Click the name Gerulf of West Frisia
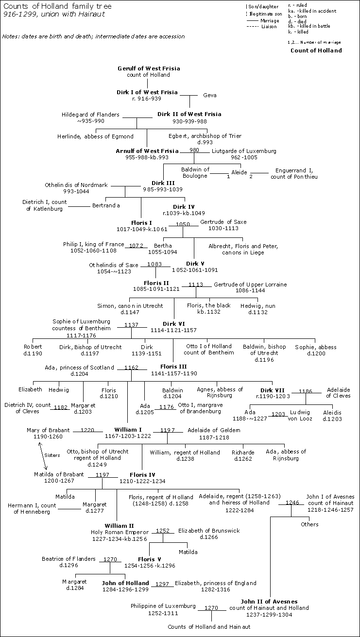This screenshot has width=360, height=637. tap(149, 68)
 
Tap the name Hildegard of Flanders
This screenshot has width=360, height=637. tap(90, 115)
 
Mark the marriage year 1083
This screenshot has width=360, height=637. tap(155, 263)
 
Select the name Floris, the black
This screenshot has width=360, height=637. tap(209, 305)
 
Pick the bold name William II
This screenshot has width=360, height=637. tap(120, 526)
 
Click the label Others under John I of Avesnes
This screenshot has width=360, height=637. tap(309, 524)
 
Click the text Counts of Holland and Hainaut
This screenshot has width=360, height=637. tap(209, 627)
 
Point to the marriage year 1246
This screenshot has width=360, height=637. tap(292, 503)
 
